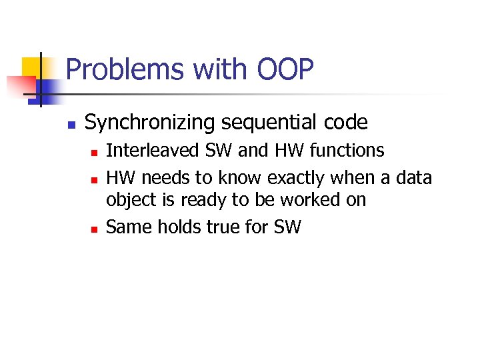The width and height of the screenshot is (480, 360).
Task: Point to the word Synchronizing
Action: point(152,123)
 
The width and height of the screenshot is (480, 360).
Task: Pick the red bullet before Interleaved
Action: point(94,153)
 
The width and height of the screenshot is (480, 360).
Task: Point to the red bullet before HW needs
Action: point(94,180)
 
